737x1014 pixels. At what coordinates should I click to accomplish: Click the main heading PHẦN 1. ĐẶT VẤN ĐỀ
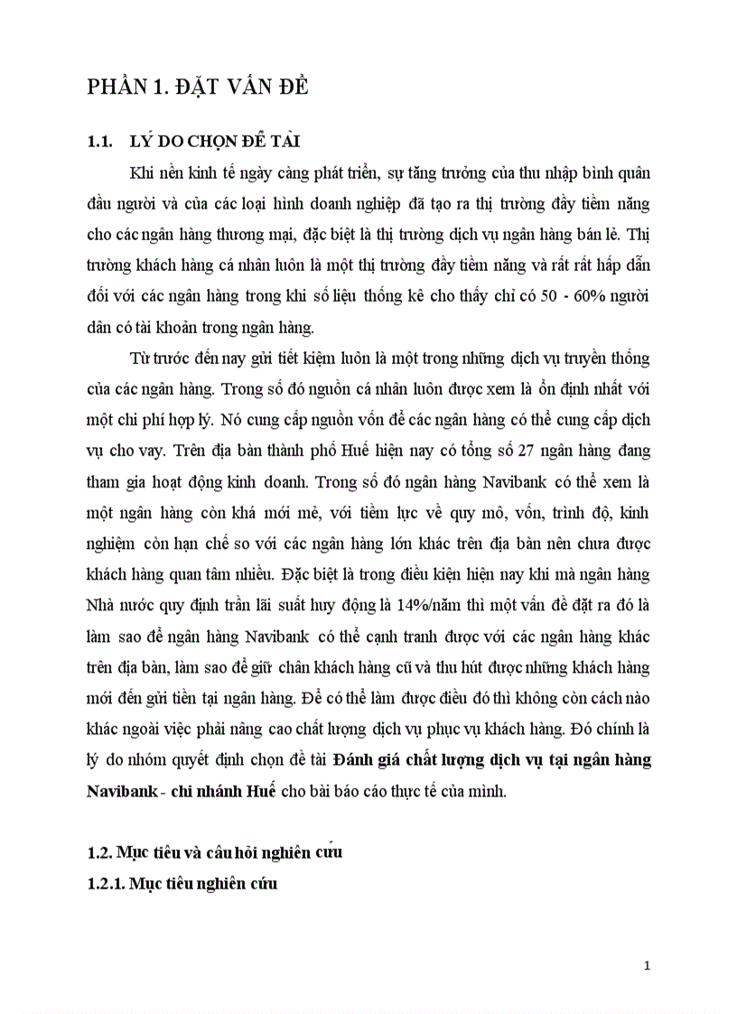[198, 87]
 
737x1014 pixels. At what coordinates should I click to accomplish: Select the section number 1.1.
[97, 141]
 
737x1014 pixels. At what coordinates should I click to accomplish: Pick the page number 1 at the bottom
[647, 965]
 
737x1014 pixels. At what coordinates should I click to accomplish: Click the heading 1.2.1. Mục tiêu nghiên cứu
[182, 884]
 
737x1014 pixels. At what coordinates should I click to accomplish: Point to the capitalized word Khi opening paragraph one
[143, 172]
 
